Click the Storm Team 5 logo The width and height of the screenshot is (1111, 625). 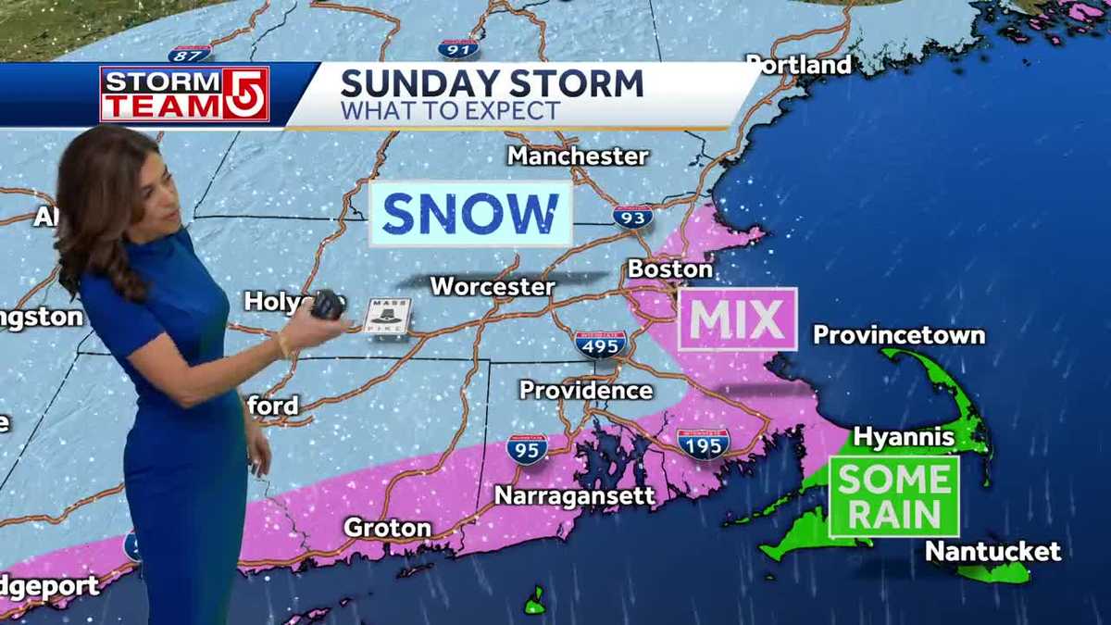click(184, 94)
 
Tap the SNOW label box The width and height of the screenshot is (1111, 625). click(470, 214)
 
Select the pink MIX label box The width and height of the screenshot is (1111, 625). click(737, 319)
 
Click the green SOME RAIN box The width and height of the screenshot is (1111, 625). click(893, 496)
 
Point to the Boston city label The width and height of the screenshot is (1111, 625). click(670, 269)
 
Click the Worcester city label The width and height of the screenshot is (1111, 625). click(493, 286)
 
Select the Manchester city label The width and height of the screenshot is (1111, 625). click(578, 156)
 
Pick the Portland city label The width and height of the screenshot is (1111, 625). click(799, 65)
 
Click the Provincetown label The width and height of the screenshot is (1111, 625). click(898, 334)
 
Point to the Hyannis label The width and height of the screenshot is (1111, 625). click(904, 435)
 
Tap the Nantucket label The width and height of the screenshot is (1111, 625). click(992, 552)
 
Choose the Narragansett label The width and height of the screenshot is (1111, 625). click(575, 496)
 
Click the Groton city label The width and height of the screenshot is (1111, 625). click(387, 528)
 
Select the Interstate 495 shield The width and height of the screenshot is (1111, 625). click(601, 344)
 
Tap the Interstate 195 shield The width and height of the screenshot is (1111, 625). click(703, 444)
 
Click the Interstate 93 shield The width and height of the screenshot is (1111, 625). click(632, 217)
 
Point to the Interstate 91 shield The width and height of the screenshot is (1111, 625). click(458, 48)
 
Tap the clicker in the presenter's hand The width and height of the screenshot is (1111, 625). click(327, 305)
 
